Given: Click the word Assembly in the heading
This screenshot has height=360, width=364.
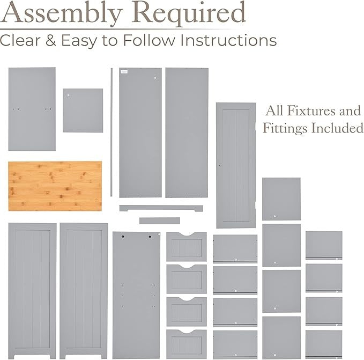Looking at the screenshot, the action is tap(61, 13).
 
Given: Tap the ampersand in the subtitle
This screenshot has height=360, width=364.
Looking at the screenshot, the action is tap(50, 40).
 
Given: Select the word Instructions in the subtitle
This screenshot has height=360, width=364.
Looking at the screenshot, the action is tap(228, 40).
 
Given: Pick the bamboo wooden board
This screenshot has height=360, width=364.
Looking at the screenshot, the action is tap(55, 186).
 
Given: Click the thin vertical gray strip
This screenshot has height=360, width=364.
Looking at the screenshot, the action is tap(112, 132).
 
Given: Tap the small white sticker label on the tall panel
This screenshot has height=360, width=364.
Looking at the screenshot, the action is tap(124, 72).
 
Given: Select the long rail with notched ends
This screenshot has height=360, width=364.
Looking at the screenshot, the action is tap(161, 208).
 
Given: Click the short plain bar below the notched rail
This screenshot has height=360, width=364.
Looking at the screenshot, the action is tap(160, 221).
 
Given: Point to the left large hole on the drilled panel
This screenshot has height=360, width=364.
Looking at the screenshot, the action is tap(123, 237).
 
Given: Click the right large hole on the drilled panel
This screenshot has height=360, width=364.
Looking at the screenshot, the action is tap(150, 237).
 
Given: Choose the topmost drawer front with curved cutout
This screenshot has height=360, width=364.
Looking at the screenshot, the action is tap(187, 247).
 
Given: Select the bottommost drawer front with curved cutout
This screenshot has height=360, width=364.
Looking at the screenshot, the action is tap(187, 344).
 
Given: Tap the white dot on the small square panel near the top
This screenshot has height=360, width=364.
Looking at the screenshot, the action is tap(69, 95).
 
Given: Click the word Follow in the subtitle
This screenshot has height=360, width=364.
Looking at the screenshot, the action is tap(149, 40).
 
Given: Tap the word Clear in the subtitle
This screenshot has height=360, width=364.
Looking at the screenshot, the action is tap(20, 40).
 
